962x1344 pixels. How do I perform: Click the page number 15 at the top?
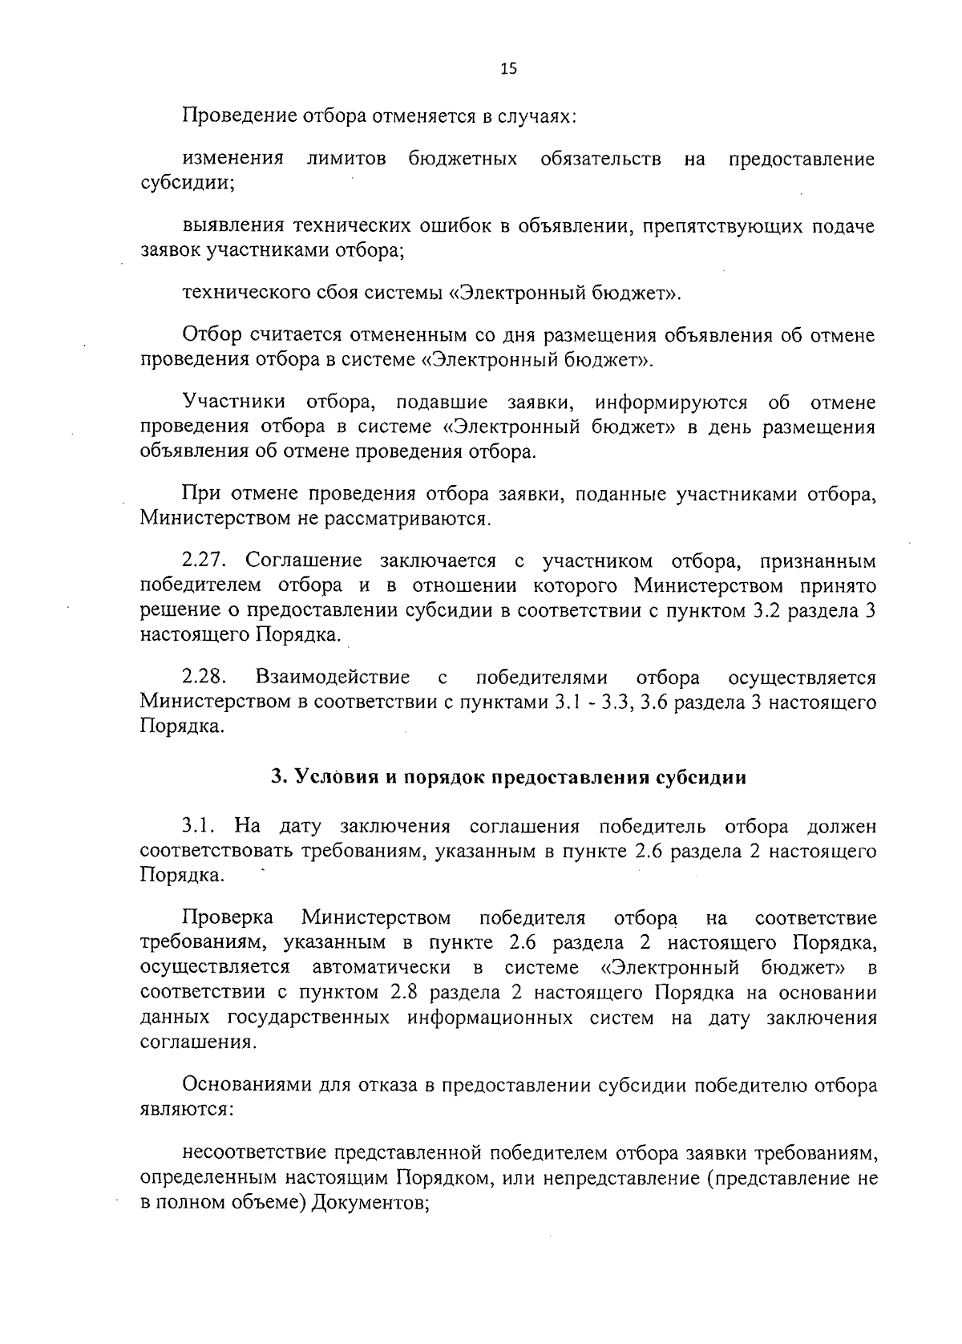point(509,69)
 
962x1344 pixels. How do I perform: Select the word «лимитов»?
point(346,159)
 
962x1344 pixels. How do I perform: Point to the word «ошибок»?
point(455,227)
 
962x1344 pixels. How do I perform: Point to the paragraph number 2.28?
point(207,678)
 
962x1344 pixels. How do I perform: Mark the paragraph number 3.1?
point(199,826)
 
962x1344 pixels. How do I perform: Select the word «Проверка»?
point(228,917)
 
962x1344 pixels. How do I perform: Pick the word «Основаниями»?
point(240,1086)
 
